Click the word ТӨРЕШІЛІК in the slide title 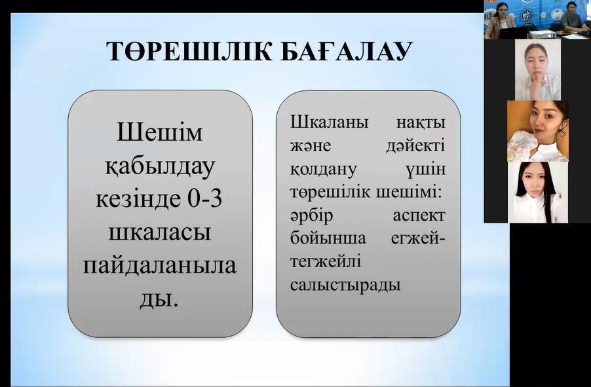[x=189, y=51]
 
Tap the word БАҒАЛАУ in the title [x=347, y=51]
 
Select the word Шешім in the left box [x=159, y=133]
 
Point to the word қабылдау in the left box [x=160, y=167]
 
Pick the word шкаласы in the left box [x=159, y=232]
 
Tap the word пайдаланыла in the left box [x=159, y=266]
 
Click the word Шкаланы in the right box [x=329, y=122]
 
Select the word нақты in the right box [x=421, y=123]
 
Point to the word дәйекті [x=415, y=146]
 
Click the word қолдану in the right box [x=323, y=169]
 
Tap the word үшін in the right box [x=427, y=170]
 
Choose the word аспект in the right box [x=419, y=216]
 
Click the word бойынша [x=328, y=238]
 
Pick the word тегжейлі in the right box [x=326, y=262]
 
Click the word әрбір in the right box [x=312, y=216]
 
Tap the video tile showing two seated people [x=537, y=19]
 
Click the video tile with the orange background [x=537, y=131]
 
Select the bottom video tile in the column [x=538, y=192]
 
